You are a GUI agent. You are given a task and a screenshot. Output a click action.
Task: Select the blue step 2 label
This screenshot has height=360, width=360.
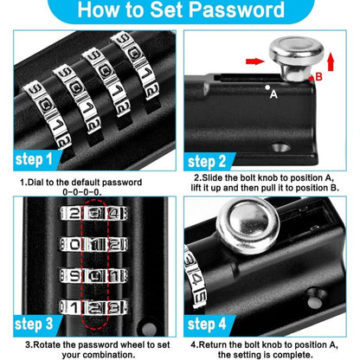pyautogui.click(x=215, y=162)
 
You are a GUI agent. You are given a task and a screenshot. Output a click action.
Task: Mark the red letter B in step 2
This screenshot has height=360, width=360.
pyautogui.click(x=317, y=77)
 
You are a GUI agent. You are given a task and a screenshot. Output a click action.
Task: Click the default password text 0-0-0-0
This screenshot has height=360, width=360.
pyautogui.click(x=91, y=194)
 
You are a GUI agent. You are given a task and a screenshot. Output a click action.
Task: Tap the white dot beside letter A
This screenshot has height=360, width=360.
pyautogui.click(x=266, y=88)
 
